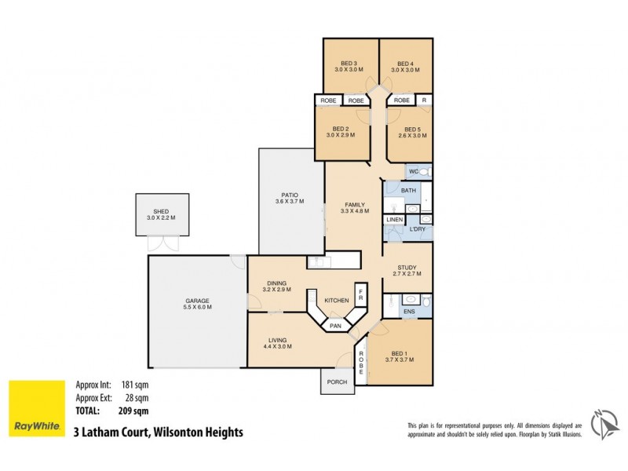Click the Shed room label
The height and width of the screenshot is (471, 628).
162,211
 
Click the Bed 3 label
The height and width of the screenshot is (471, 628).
349,64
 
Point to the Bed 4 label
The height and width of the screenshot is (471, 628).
405,64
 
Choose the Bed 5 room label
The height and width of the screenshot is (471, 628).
413,129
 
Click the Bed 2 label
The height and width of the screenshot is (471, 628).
340,129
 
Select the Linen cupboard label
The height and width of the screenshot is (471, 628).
393,219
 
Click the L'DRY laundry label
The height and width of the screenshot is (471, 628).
418,229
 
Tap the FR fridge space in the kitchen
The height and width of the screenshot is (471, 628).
360,295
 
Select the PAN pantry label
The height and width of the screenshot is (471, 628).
334,324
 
